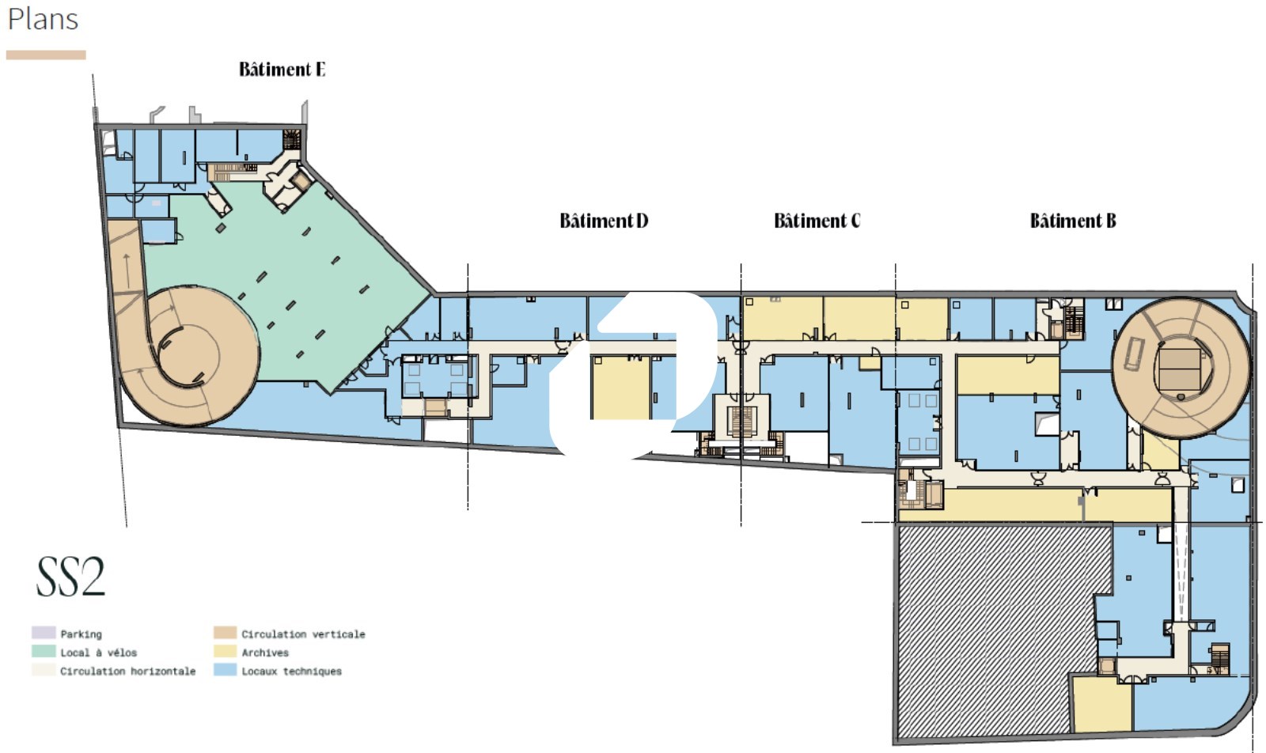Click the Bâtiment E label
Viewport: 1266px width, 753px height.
point(282,70)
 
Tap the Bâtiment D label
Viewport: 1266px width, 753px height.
point(604,221)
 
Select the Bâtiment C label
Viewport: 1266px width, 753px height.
point(817,221)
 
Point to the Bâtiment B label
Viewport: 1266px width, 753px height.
point(1073,221)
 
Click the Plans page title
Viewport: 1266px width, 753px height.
point(43,19)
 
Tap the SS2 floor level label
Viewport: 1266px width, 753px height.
point(70,577)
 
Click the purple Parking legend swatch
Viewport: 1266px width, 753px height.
point(44,633)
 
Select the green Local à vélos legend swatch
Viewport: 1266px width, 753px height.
point(44,651)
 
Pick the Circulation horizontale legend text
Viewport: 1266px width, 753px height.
point(128,671)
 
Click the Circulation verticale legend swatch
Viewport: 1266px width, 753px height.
point(225,633)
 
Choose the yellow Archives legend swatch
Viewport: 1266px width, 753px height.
point(225,651)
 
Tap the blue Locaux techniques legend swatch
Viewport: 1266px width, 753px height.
point(225,670)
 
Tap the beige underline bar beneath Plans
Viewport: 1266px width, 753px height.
point(46,55)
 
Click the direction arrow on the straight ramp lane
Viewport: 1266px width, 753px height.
point(127,271)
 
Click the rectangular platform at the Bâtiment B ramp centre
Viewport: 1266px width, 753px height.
point(1180,369)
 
